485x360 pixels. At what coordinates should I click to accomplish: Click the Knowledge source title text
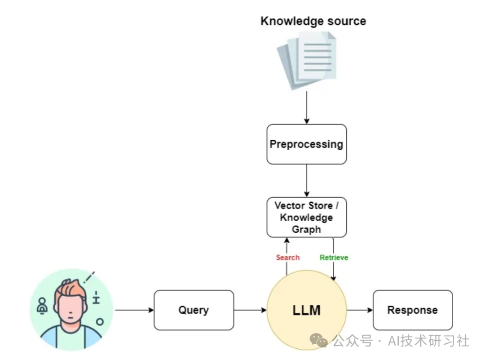click(x=313, y=21)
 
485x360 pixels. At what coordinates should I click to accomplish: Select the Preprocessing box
click(x=306, y=144)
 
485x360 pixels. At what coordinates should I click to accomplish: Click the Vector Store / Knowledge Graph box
click(x=306, y=217)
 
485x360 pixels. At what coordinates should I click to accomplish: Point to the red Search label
click(x=287, y=258)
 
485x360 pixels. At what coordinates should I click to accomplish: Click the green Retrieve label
click(x=334, y=258)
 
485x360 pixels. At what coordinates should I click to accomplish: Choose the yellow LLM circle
click(x=307, y=310)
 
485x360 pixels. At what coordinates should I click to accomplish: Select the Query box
click(x=194, y=310)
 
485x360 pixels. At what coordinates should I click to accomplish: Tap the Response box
click(x=412, y=310)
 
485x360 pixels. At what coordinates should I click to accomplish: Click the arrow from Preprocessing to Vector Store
click(x=307, y=180)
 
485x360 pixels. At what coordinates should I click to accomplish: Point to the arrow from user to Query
click(x=134, y=310)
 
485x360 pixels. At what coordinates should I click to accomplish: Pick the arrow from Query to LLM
click(x=250, y=310)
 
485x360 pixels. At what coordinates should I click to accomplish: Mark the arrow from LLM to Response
click(x=360, y=310)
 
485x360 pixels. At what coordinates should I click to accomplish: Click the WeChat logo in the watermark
click(x=319, y=341)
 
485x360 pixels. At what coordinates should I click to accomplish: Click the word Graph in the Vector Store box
click(x=306, y=229)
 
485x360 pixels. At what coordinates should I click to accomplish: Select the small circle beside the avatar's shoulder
click(x=100, y=322)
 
